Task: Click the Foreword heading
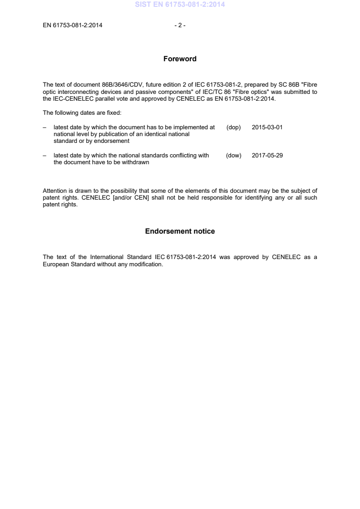[x=180, y=59]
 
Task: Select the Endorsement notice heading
[x=180, y=231]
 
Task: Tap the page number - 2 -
[x=180, y=25]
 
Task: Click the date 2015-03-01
[x=267, y=127]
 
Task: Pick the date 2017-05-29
[x=267, y=156]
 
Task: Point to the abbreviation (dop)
[x=233, y=127]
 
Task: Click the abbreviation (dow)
[x=233, y=156]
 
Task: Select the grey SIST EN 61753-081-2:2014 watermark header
[x=180, y=5]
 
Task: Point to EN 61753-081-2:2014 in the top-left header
[x=73, y=25]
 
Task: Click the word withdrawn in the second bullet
[x=135, y=162]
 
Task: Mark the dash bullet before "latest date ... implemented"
[x=44, y=127]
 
